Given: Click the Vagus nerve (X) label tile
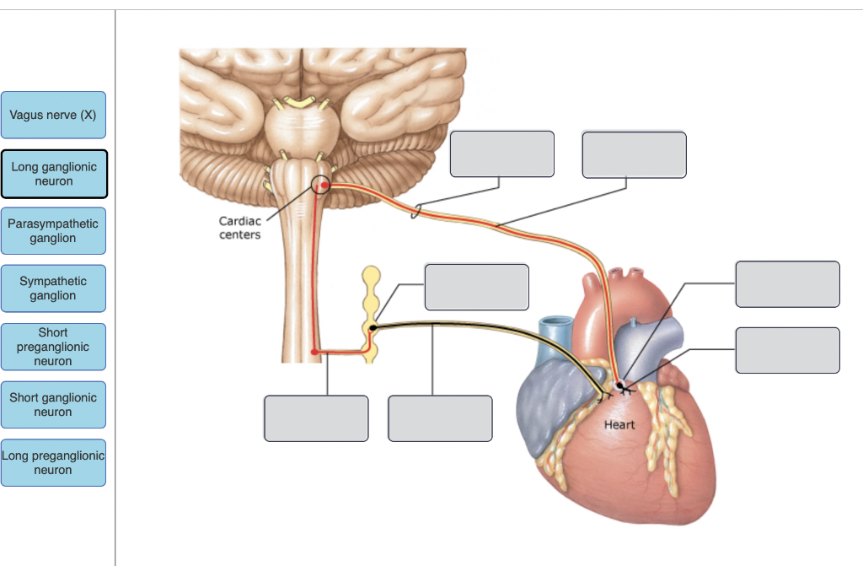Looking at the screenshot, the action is pos(53,115).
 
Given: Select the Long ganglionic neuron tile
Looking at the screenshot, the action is pos(54,174).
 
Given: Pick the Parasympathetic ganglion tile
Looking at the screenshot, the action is pos(53,231).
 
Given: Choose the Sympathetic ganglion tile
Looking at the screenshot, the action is pos(53,288).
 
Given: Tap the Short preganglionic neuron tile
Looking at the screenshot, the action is pos(53,347).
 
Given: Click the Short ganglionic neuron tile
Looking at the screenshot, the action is pos(53,405).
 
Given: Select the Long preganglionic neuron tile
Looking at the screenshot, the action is pos(53,463).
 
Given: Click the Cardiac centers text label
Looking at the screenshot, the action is pos(240,228).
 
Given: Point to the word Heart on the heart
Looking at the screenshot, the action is pos(619,425).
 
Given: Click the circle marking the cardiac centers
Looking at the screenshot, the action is pos(321,184).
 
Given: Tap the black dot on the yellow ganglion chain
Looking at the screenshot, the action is pos(373,327).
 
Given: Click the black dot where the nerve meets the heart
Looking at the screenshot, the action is pos(620,385).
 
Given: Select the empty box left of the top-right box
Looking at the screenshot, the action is pos(502,154).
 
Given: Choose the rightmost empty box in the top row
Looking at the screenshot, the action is pos(634,154).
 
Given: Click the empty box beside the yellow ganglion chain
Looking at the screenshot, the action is pos(477,287).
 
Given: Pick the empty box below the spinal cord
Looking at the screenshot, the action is pos(316,418).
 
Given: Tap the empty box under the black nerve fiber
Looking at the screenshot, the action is pos(441,418).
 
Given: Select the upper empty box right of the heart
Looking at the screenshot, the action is pos(787,284).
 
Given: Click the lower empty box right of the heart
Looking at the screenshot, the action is pos(787,350).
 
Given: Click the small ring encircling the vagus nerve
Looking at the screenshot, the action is pos(415,211).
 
